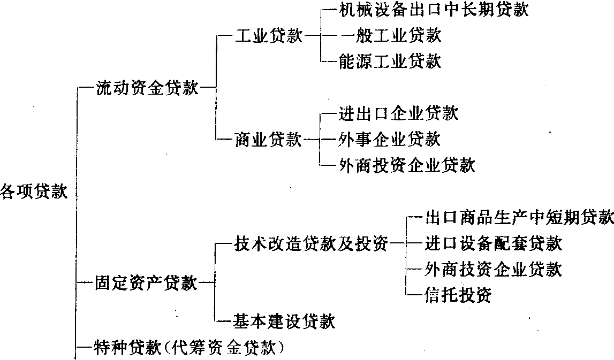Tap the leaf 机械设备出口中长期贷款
click(434, 11)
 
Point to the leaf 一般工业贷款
click(390, 36)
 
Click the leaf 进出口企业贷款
click(399, 113)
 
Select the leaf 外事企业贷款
click(390, 139)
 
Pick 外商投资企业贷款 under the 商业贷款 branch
click(407, 165)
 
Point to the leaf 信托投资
click(458, 295)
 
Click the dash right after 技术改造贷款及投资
click(397, 244)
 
